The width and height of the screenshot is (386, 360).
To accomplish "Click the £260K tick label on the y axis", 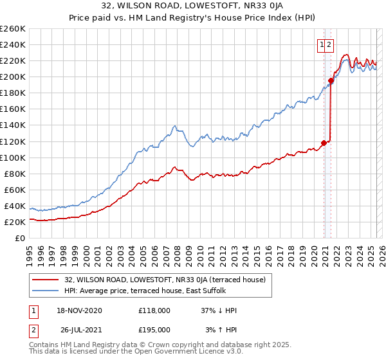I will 13,29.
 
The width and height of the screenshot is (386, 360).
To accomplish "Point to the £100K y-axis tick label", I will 13,157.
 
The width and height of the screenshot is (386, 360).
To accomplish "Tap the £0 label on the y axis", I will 21,238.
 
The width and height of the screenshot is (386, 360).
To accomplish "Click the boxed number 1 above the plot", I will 320,45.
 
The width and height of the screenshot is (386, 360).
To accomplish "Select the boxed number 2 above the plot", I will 329,45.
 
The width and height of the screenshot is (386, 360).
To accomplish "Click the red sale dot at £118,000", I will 324,143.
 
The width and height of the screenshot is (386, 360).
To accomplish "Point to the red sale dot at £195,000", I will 331,81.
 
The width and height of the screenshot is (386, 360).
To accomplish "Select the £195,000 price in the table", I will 154,329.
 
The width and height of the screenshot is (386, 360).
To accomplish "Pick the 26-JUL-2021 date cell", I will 82,329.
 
